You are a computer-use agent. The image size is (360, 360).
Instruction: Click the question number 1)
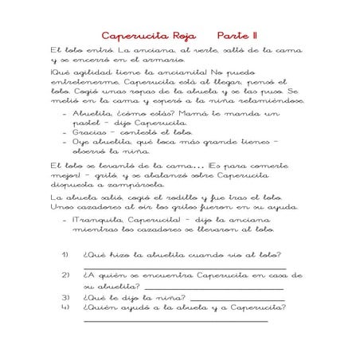(x=65, y=256)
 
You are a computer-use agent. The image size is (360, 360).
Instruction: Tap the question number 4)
(x=65, y=307)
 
